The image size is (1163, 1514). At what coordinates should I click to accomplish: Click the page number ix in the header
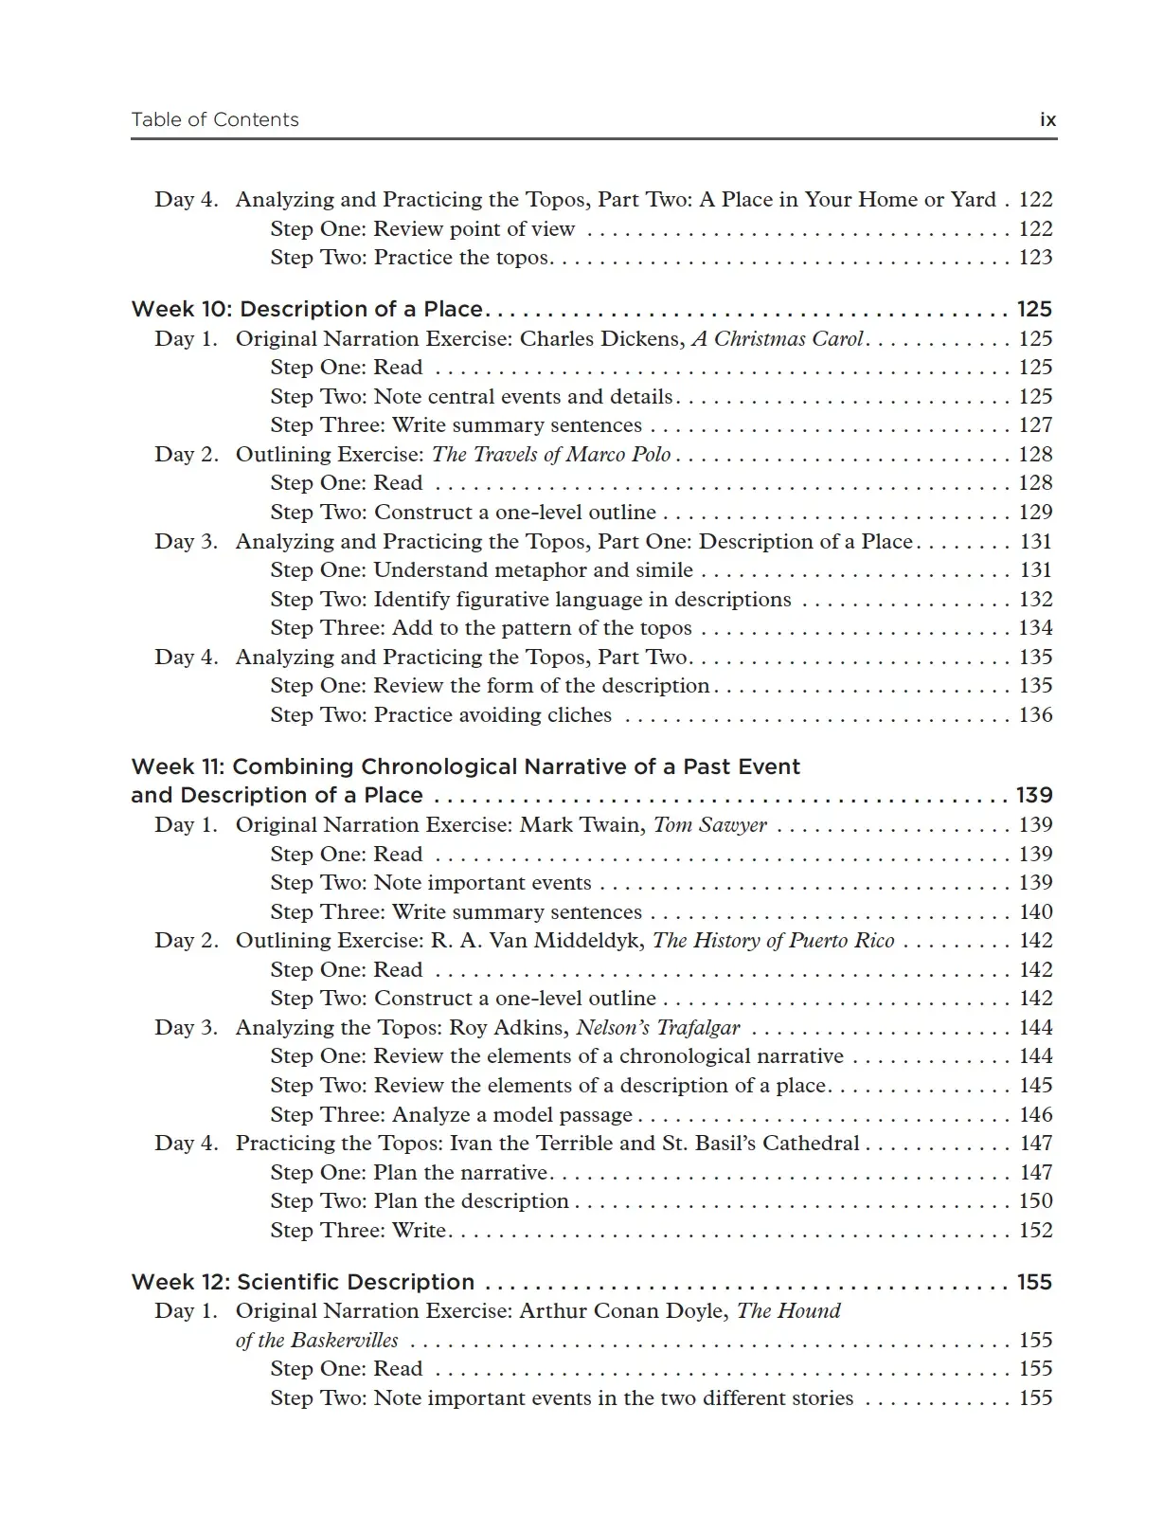tap(1047, 119)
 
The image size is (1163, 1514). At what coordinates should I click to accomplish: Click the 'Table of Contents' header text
tap(215, 119)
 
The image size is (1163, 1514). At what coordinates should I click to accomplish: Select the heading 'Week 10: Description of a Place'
tap(307, 309)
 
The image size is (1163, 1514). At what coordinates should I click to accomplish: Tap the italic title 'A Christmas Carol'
tap(778, 338)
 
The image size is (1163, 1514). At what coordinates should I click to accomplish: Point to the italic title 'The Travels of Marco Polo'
tap(551, 454)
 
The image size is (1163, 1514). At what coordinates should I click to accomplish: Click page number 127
tap(1035, 425)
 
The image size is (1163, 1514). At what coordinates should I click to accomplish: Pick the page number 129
tap(1035, 512)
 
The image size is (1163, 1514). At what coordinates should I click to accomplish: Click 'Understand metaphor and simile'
tap(533, 569)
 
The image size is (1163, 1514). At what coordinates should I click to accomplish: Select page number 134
tap(1035, 627)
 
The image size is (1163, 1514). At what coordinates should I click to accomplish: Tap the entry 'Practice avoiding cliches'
tap(492, 714)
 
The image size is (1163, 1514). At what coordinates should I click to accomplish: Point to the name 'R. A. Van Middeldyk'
tap(538, 940)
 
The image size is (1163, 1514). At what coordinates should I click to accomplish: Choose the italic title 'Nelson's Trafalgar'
tap(658, 1027)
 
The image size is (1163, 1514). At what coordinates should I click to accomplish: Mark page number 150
tap(1035, 1200)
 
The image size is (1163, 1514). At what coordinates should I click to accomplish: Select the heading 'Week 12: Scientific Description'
tap(303, 1282)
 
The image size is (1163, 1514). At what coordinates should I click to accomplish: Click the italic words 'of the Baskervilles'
tap(317, 1340)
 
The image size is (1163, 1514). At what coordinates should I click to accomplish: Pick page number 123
tap(1035, 257)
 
